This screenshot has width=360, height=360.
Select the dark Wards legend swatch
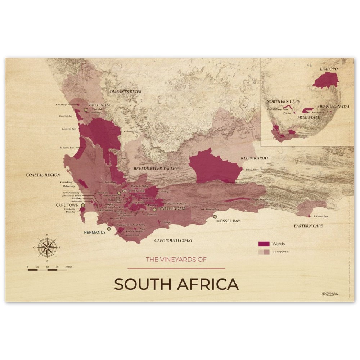pyautogui.click(x=264, y=244)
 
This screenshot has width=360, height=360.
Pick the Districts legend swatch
pyautogui.click(x=264, y=252)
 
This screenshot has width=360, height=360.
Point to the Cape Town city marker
pyautogui.click(x=83, y=205)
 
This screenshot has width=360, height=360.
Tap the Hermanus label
pyautogui.click(x=95, y=232)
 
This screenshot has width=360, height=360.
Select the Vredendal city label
pyautogui.click(x=99, y=105)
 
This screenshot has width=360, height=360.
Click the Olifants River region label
pyautogui.click(x=126, y=92)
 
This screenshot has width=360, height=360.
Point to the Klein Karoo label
pyautogui.click(x=254, y=158)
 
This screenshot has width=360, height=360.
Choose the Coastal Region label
pyautogui.click(x=43, y=175)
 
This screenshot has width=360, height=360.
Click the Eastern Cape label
pyautogui.click(x=308, y=226)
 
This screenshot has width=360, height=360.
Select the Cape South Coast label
pyautogui.click(x=174, y=240)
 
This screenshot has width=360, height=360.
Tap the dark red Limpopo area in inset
pyautogui.click(x=326, y=80)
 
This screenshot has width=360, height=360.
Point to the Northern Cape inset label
pyautogui.click(x=283, y=102)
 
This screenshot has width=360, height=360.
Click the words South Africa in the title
pyautogui.click(x=176, y=284)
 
